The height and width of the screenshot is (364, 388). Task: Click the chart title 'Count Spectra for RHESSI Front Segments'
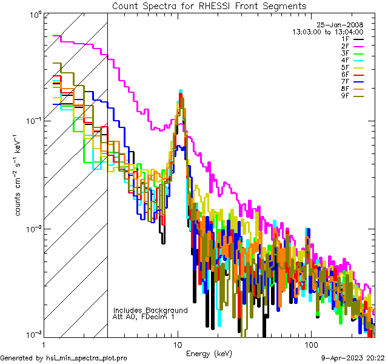click(209, 5)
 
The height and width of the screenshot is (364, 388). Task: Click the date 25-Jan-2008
click(340, 25)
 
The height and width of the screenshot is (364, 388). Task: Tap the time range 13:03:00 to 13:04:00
click(327, 32)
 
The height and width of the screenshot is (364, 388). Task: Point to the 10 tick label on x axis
click(178, 345)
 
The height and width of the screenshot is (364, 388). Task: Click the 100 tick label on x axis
click(310, 345)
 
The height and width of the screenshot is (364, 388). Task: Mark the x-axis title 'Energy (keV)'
click(209, 353)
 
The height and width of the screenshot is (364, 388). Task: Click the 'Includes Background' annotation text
click(150, 310)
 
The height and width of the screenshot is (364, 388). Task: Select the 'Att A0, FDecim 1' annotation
click(144, 317)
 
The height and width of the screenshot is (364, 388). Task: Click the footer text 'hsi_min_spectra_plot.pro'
click(87, 359)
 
